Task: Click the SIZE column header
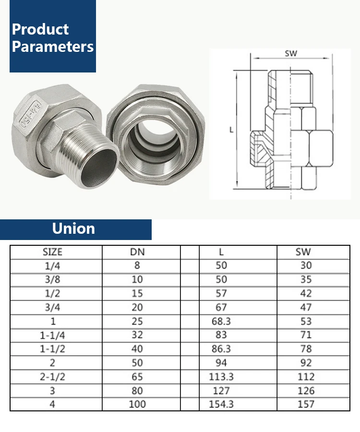[53, 252]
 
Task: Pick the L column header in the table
[221, 252]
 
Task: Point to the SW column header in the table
[303, 252]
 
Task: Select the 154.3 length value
[221, 404]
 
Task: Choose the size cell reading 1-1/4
[53, 335]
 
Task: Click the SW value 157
[306, 404]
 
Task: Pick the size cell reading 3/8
[53, 279]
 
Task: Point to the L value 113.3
[221, 376]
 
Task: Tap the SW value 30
[306, 265]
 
